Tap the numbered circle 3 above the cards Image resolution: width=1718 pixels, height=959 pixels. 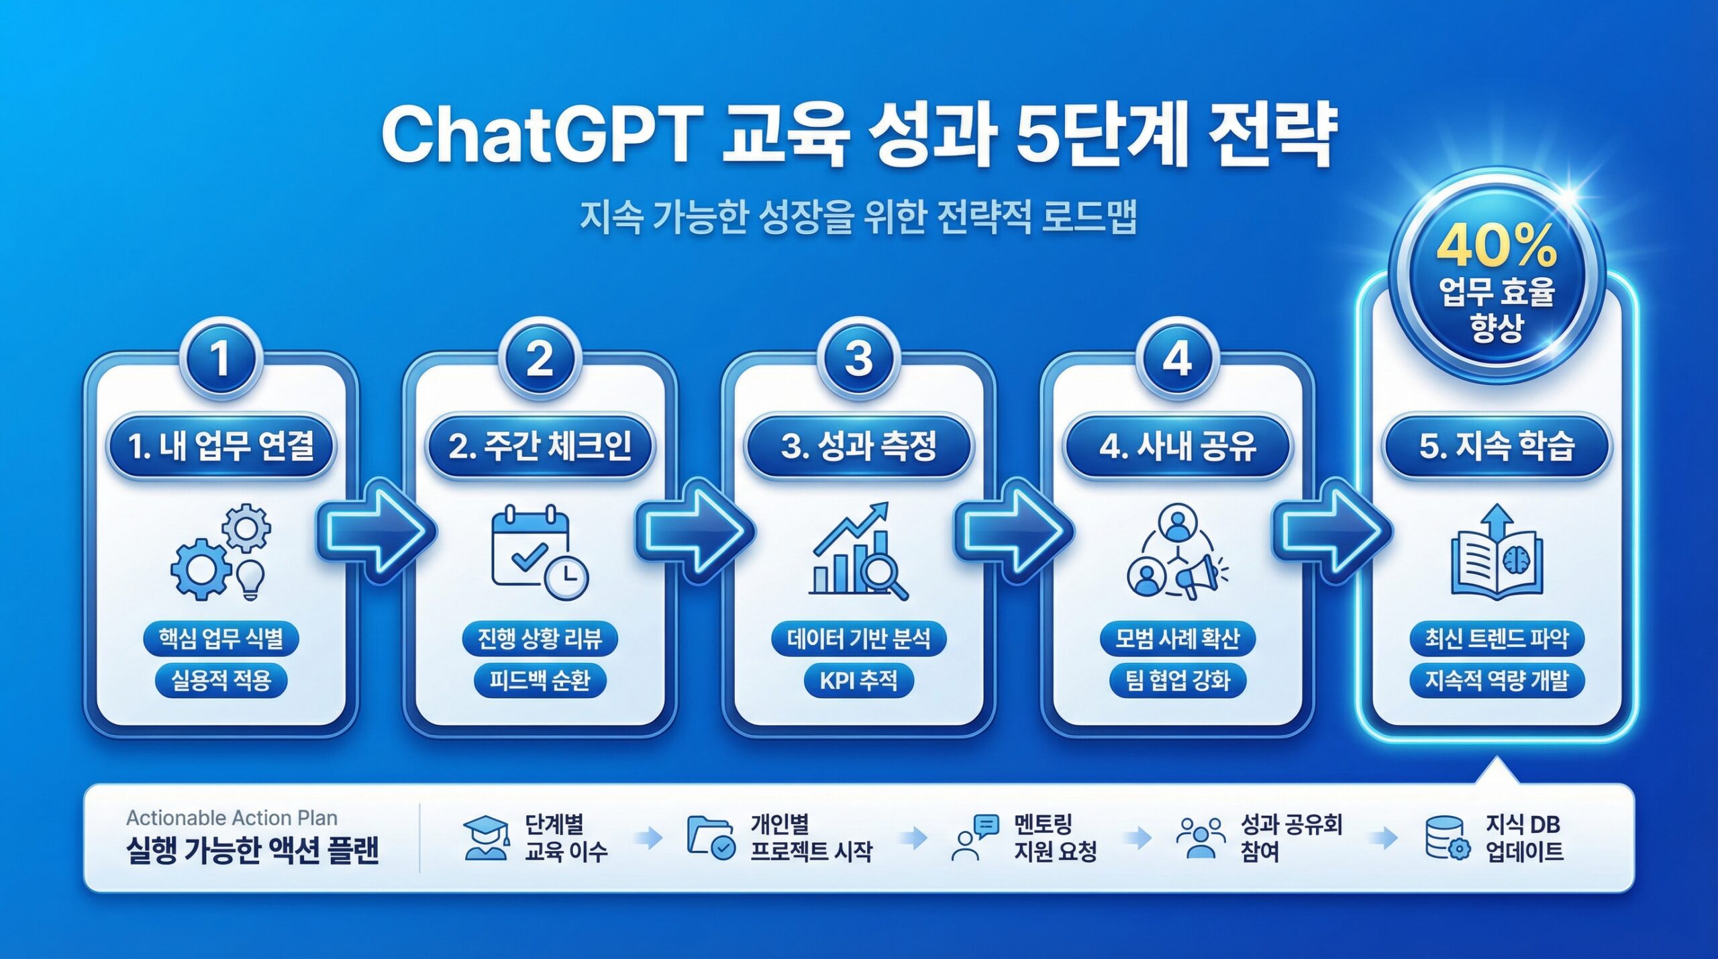[x=858, y=358]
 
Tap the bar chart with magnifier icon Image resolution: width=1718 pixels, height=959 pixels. [x=858, y=551]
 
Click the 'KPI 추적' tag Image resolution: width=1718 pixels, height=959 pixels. [x=858, y=680]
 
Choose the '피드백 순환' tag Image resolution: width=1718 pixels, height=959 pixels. [x=540, y=680]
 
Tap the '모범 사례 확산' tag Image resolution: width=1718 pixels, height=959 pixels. [x=1177, y=638]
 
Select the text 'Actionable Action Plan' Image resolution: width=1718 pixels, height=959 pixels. [x=232, y=818]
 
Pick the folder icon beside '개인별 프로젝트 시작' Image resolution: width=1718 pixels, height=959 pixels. [x=711, y=838]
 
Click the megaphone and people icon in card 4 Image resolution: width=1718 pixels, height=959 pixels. [x=1177, y=552]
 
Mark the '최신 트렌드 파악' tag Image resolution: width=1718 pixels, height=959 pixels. [x=1497, y=638]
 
